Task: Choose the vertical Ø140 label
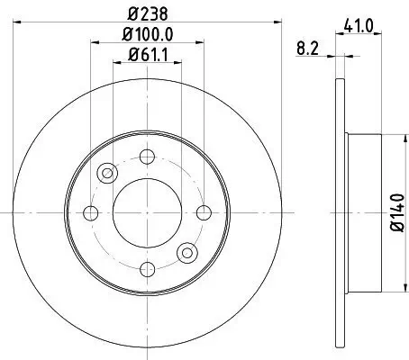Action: (395, 212)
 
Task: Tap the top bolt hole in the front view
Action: (147, 157)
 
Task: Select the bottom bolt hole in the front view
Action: (147, 268)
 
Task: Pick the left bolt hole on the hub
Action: (91, 212)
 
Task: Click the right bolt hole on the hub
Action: (203, 212)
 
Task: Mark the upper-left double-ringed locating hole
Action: (108, 173)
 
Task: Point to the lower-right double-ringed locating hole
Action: (186, 251)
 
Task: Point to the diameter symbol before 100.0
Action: (124, 36)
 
